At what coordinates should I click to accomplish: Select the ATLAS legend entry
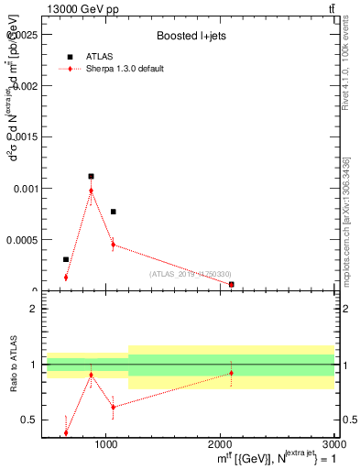click(x=99, y=56)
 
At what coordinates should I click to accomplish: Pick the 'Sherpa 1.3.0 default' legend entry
click(x=125, y=69)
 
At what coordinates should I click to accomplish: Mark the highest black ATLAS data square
click(x=91, y=176)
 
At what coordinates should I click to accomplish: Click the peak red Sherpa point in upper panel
click(x=91, y=191)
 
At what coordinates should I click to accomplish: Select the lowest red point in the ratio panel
click(x=66, y=432)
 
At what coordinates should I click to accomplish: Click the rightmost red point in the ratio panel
click(x=231, y=373)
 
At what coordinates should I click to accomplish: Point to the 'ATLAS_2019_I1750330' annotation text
click(x=191, y=274)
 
